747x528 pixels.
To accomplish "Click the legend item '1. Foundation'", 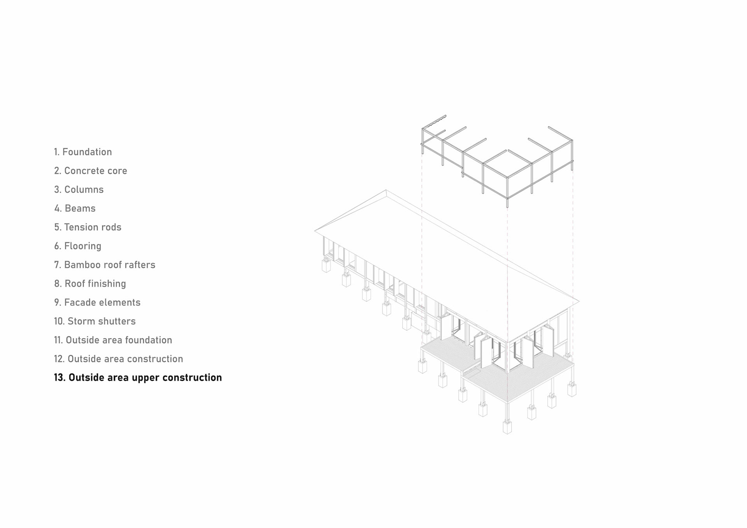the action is (83, 152).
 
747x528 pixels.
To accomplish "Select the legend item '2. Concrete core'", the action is (91, 171).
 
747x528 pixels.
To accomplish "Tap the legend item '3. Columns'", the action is (79, 189).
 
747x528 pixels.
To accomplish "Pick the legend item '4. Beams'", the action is (75, 209).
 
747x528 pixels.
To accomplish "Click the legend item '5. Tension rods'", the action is (88, 227).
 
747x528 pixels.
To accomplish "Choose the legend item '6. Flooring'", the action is (78, 246).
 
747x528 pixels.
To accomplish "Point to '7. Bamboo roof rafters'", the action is (105, 265).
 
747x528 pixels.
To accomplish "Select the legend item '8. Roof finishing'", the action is (90, 284).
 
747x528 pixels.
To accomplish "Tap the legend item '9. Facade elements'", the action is (97, 302).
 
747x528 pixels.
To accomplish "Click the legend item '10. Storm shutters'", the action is (95, 321).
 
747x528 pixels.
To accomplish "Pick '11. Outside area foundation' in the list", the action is (113, 340).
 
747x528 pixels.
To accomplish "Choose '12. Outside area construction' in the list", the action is (118, 359).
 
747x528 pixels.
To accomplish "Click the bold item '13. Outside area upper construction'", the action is (138, 378).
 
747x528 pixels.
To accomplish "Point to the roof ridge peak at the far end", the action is (386, 190).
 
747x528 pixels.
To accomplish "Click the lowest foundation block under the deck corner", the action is (507, 427).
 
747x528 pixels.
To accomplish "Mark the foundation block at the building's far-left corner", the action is (326, 266).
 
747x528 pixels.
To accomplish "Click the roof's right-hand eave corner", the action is (579, 301).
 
